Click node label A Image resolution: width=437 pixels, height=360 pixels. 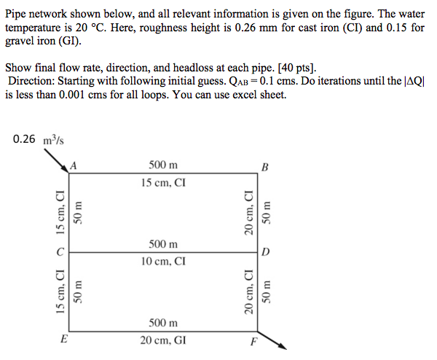74,165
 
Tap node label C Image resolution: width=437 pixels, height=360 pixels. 61,251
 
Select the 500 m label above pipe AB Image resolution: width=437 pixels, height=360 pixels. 163,165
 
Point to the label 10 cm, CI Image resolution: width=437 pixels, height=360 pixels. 163,260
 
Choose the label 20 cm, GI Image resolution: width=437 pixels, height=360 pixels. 163,339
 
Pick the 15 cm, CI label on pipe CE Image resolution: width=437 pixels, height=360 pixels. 61,291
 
